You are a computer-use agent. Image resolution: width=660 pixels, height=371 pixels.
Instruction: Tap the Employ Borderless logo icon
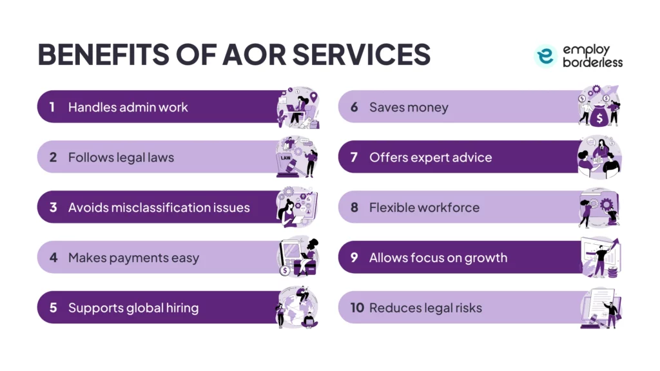pos(545,57)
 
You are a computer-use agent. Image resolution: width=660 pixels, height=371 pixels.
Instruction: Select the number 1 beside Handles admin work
pos(52,107)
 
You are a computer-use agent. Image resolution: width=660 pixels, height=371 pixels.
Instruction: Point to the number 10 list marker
pos(357,308)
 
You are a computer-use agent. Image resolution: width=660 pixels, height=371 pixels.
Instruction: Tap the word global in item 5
pos(143,308)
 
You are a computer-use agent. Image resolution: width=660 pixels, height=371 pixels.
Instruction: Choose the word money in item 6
pos(427,107)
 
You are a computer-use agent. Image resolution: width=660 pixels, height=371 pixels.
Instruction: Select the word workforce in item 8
pos(448,207)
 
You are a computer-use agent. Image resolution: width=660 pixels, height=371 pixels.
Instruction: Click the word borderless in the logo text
pos(592,62)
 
